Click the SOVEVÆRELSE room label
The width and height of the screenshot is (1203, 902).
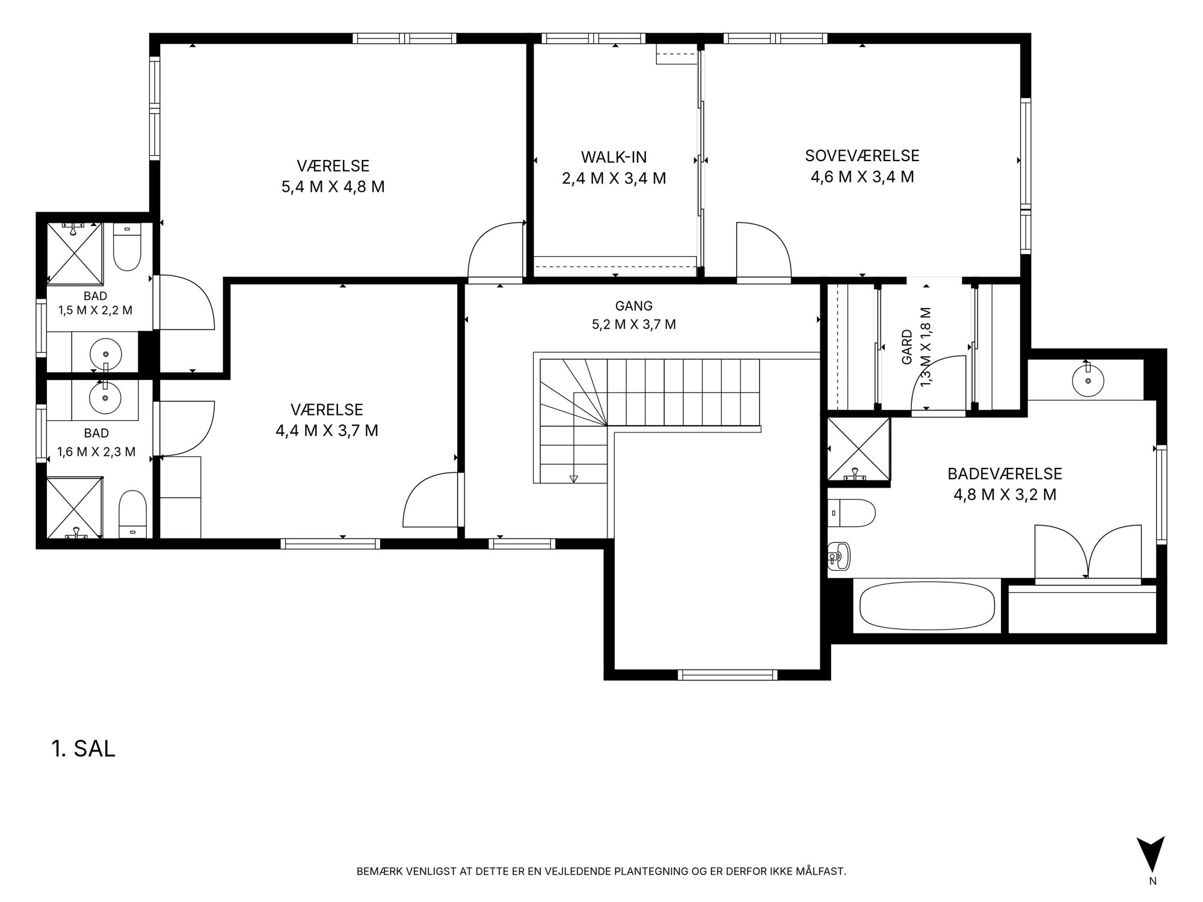click(x=862, y=156)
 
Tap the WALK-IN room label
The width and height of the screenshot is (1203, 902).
click(x=614, y=158)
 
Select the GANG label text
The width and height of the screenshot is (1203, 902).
click(x=634, y=306)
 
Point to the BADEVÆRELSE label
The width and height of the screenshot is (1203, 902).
click(x=1005, y=474)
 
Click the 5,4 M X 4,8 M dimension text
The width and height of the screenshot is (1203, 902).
click(x=333, y=186)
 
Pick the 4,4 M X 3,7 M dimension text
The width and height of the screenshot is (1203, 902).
click(x=327, y=431)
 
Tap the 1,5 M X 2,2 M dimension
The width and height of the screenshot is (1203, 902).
click(x=96, y=310)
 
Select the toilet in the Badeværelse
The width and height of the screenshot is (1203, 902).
click(x=851, y=513)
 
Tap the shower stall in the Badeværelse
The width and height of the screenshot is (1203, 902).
click(x=858, y=450)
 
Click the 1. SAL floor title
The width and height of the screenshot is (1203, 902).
click(x=84, y=749)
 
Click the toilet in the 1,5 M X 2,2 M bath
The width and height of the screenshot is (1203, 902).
click(x=127, y=248)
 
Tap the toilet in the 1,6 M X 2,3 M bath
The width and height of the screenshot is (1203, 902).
click(x=133, y=514)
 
